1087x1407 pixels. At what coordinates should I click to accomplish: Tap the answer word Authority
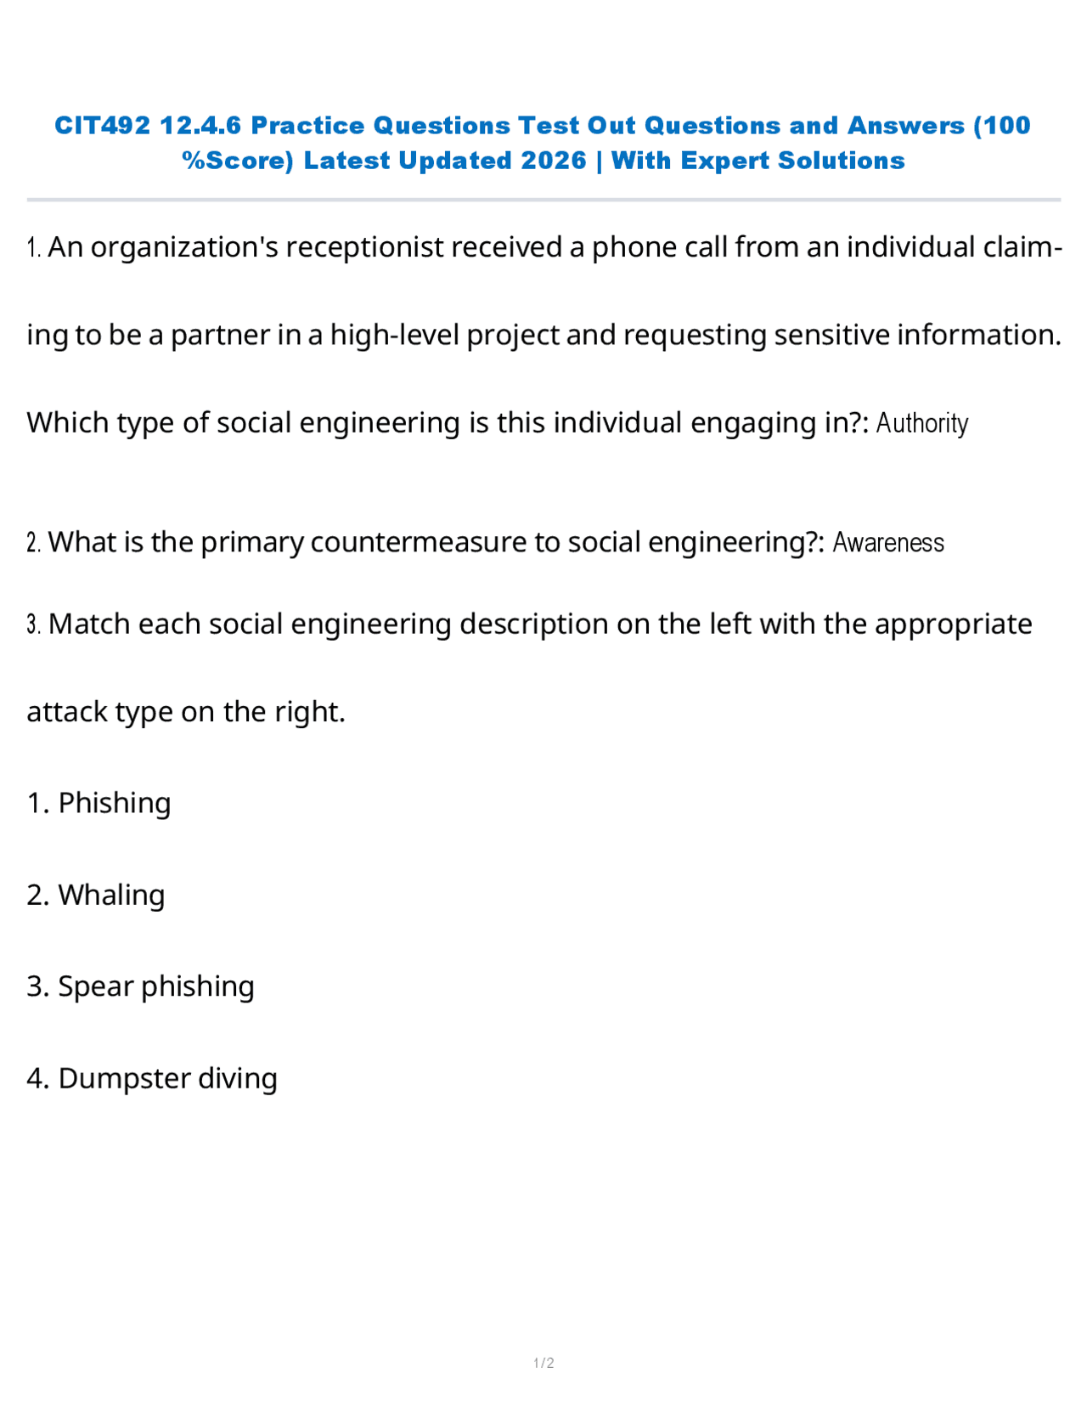coord(921,423)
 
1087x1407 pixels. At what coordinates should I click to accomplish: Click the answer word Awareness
coord(887,543)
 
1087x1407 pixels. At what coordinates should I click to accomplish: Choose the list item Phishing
coord(114,803)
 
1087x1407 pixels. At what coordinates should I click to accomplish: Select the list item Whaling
coord(111,895)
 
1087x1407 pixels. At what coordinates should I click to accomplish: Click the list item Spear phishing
coord(155,986)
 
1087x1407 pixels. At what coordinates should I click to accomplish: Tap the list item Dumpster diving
coord(167,1078)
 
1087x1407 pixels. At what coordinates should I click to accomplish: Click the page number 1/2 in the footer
coord(543,1363)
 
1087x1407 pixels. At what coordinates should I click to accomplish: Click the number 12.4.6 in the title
coord(200,126)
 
